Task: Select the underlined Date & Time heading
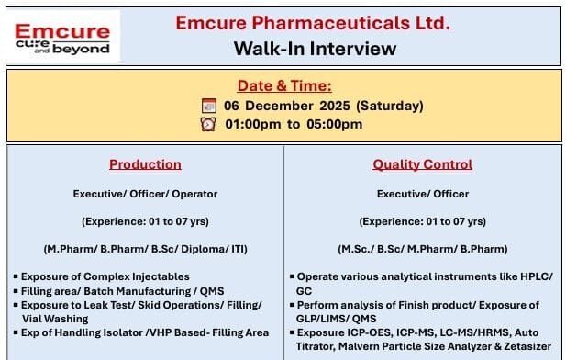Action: [283, 85]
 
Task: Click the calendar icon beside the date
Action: [208, 106]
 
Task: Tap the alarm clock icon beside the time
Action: [208, 124]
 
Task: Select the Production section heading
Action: [145, 164]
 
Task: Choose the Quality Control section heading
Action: [422, 164]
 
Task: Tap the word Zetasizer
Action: [521, 346]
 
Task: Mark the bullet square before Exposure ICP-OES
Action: [291, 332]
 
